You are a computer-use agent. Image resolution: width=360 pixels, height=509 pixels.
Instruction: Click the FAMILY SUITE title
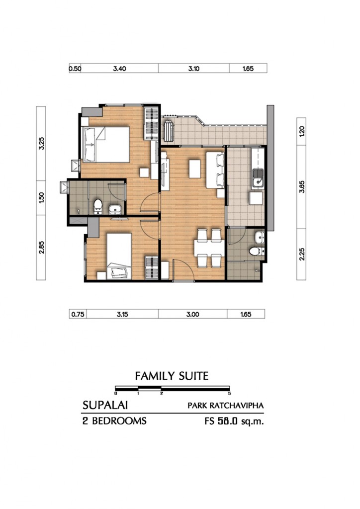pos(172,376)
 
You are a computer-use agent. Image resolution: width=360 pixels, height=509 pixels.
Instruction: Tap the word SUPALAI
pos(105,405)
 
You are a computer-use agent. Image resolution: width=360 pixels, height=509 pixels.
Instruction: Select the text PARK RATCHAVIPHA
pos(225,406)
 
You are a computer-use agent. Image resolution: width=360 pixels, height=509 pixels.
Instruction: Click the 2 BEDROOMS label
pos(114,421)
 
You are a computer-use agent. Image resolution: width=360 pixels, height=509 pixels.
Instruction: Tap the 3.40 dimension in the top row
pos(119,69)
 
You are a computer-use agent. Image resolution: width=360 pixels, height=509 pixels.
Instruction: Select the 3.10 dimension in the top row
pos(194,69)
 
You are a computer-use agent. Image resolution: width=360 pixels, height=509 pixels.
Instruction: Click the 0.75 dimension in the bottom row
pos(78,314)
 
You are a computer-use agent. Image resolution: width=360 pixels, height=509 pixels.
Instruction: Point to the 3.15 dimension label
pos(122,314)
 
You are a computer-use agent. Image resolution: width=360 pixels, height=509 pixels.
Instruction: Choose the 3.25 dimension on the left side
pos(41,144)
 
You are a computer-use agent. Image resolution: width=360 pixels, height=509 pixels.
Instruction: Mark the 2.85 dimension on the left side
pos(41,247)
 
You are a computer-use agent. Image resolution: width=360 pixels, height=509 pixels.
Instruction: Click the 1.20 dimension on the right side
pos(301,131)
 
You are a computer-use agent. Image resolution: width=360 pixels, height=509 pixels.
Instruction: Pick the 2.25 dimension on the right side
pos(301,254)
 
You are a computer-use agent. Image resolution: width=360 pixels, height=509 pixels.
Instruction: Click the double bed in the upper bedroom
pos(105,145)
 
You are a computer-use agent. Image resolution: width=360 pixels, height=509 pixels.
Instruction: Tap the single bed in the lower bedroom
pos(119,256)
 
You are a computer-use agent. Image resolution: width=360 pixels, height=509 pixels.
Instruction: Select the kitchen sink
pos(258,178)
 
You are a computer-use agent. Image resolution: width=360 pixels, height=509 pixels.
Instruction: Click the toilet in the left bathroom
pos(98,207)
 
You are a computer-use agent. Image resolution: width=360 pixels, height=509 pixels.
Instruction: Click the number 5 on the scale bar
pos(230,393)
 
